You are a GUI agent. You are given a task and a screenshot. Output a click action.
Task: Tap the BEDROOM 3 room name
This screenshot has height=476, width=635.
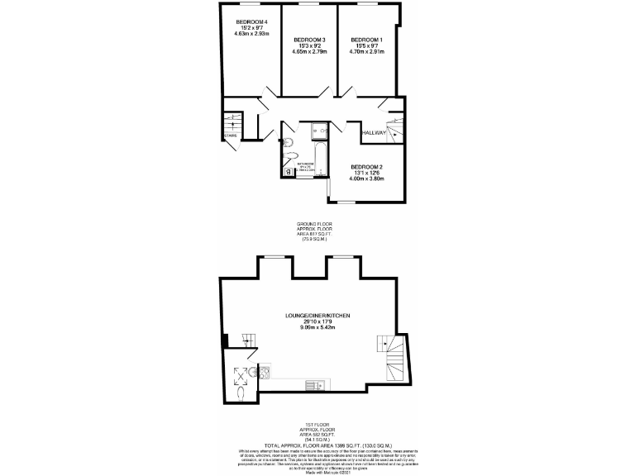(x=309, y=40)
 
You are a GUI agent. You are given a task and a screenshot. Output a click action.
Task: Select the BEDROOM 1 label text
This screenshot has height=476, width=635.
(x=366, y=40)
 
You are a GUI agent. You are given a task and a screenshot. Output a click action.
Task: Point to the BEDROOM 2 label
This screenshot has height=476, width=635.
(x=367, y=165)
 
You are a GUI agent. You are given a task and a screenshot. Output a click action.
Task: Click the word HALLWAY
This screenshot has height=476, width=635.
(x=374, y=131)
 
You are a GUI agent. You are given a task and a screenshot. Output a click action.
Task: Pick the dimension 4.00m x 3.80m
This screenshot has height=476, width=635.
(x=367, y=178)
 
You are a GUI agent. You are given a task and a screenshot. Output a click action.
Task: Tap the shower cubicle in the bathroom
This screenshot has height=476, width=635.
(x=318, y=131)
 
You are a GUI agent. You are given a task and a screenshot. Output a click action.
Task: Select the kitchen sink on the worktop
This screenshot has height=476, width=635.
(x=314, y=385)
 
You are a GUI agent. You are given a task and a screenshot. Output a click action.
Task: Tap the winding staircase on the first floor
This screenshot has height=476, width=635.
(x=391, y=357)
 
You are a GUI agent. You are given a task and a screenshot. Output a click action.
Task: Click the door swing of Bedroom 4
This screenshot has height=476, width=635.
(x=266, y=98)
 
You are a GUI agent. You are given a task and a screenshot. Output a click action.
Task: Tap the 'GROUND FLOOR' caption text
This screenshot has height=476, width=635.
(x=317, y=224)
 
